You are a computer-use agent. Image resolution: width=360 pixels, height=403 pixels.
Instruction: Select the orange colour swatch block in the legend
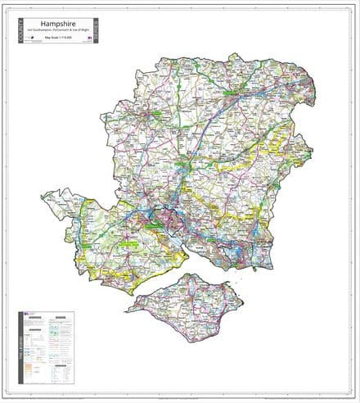[x=30, y=364]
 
